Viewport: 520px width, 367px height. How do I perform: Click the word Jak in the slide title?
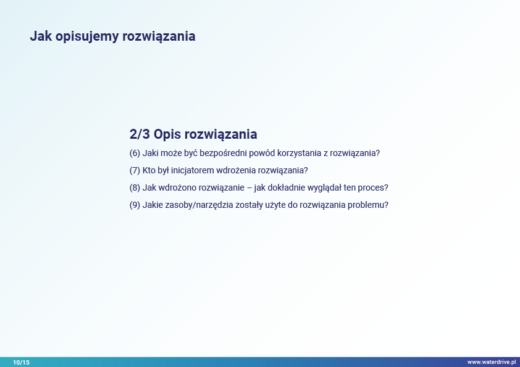(41, 36)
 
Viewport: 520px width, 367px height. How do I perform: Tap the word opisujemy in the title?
(87, 36)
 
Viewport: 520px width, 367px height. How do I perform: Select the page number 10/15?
(21, 362)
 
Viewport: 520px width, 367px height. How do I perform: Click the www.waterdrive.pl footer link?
(492, 362)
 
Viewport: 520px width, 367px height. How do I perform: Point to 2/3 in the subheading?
(140, 134)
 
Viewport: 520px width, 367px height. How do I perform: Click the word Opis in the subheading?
(167, 134)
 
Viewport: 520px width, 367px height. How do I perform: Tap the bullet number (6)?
(135, 153)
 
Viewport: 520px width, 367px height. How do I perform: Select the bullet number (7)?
(135, 170)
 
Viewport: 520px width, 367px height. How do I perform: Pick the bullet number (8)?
(135, 188)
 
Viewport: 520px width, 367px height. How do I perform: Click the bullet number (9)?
(135, 205)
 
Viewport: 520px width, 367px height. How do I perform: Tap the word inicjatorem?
(192, 170)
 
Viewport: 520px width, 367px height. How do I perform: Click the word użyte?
(271, 205)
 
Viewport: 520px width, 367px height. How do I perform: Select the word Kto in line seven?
(149, 170)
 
